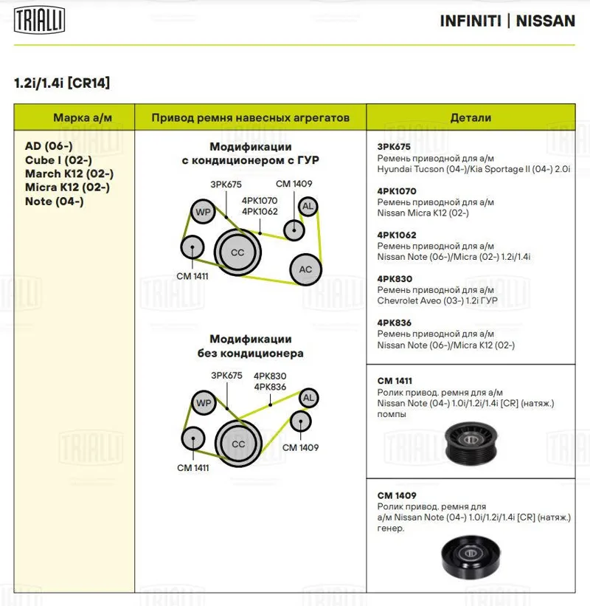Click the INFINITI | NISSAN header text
(x=507, y=21)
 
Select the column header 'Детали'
(x=470, y=117)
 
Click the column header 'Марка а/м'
(x=74, y=117)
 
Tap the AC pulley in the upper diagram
(x=305, y=269)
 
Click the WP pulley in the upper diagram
(x=202, y=213)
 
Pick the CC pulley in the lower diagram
(x=238, y=444)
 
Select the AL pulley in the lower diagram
(x=308, y=399)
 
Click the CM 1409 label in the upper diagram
(x=294, y=184)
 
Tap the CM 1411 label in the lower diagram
(x=192, y=467)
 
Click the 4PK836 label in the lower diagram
(x=270, y=386)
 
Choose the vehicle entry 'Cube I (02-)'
(x=58, y=159)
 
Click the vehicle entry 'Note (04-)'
(x=54, y=201)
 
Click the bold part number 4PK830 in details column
(x=395, y=279)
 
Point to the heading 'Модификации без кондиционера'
(x=250, y=347)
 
